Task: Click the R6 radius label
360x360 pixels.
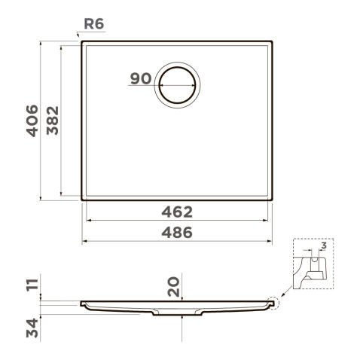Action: pos(94,24)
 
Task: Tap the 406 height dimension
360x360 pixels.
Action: pos(32,121)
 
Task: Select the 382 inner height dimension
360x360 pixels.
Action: pos(53,121)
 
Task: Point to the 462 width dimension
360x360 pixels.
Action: pos(177,212)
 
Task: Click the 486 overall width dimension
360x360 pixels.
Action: pos(177,233)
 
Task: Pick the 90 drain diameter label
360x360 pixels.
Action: pos(141,78)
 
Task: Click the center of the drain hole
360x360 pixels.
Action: pos(177,85)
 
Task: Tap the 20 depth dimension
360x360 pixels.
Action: pos(174,286)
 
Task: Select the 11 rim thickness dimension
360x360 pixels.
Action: pos(32,285)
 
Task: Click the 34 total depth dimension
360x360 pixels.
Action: pos(32,328)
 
